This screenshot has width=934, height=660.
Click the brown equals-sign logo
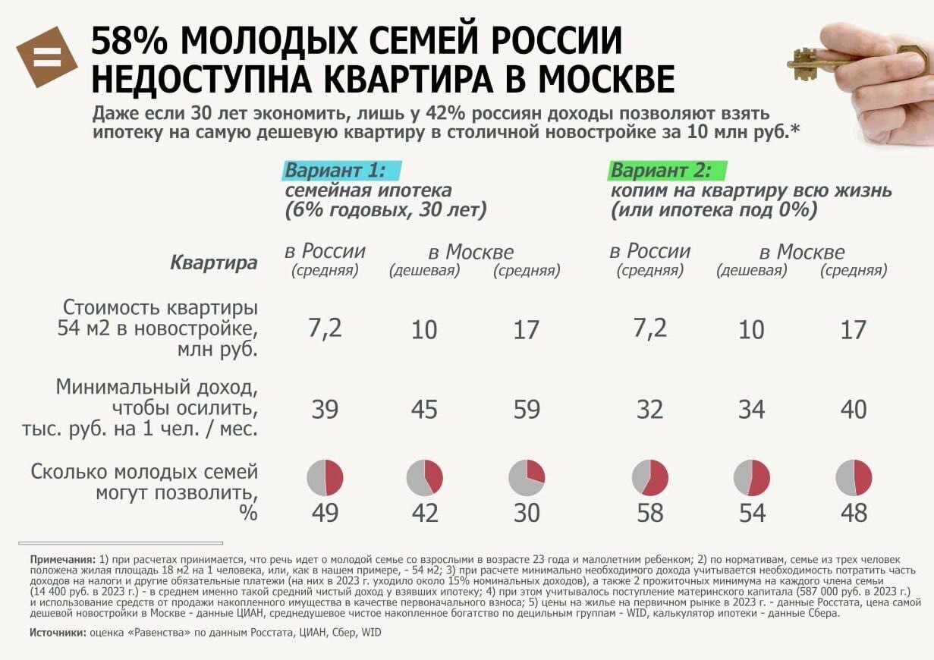click(46, 57)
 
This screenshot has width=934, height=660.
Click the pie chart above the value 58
click(649, 478)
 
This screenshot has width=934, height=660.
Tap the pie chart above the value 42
click(425, 478)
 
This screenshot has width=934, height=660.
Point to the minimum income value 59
click(527, 410)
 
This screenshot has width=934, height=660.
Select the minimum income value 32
click(649, 410)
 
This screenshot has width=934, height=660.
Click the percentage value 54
click(751, 514)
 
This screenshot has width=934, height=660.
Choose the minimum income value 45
click(424, 410)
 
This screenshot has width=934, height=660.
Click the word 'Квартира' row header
click(214, 263)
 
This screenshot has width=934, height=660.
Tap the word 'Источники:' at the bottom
click(58, 632)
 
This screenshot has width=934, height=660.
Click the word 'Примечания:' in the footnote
click(63, 559)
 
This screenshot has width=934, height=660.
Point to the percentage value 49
click(325, 514)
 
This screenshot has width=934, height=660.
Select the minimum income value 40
click(854, 410)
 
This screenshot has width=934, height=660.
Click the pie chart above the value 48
click(854, 478)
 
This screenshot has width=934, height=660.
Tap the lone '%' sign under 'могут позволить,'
click(248, 514)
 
